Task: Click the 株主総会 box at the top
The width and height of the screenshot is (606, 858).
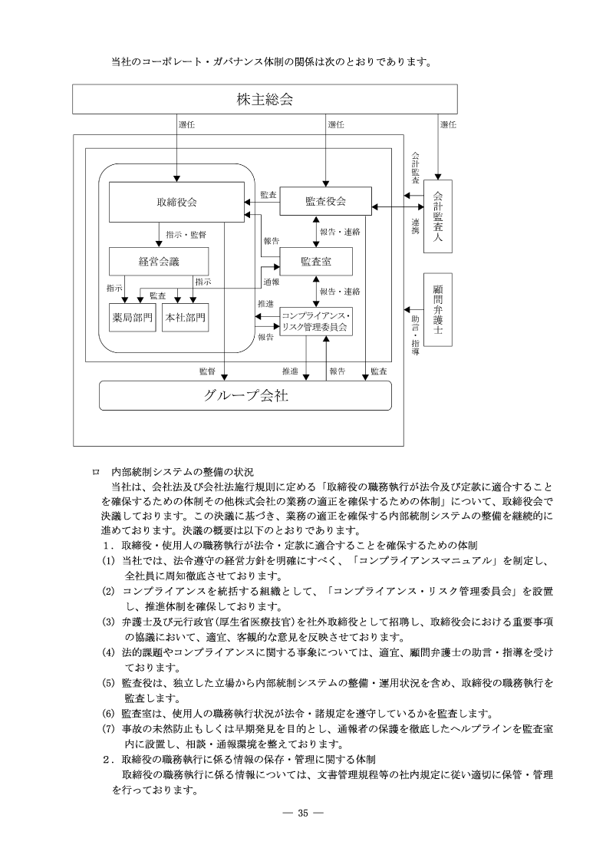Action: (x=265, y=99)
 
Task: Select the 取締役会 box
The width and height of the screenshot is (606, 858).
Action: (x=176, y=203)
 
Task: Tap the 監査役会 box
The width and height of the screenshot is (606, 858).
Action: (x=325, y=201)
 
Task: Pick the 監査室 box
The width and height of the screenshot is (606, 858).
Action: (x=316, y=262)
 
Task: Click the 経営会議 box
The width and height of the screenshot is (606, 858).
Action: (x=159, y=262)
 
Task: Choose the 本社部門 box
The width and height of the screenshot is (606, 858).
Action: (x=186, y=317)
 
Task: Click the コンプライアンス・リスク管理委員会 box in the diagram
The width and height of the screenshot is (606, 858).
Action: (x=315, y=321)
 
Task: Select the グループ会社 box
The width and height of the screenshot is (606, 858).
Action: (x=245, y=396)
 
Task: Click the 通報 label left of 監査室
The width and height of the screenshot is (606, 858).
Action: (x=270, y=282)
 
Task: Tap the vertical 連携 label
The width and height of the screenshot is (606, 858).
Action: (x=414, y=226)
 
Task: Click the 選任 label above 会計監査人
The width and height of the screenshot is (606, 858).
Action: (x=448, y=124)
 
